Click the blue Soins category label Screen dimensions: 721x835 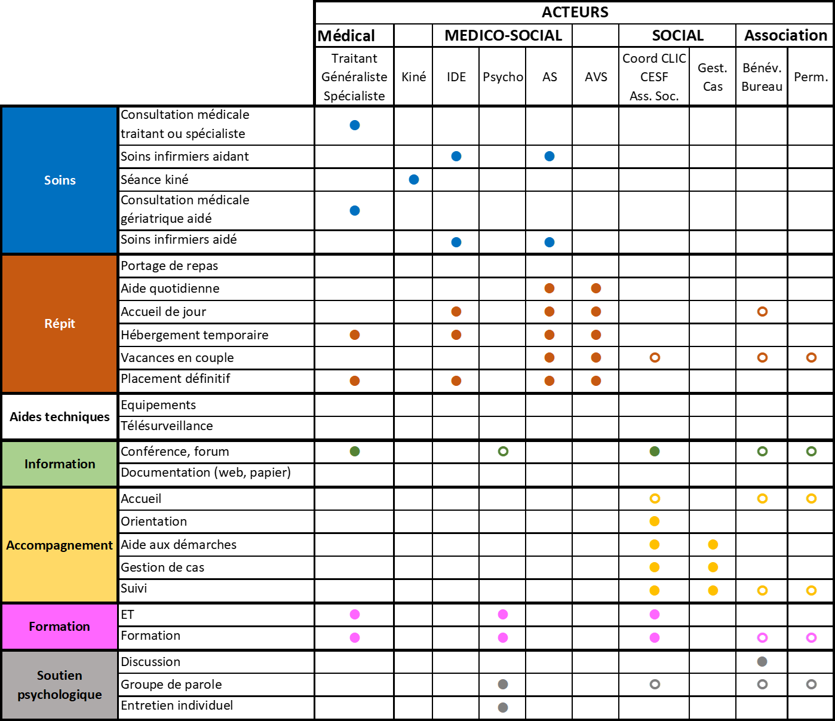pyautogui.click(x=60, y=180)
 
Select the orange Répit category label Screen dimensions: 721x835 pyautogui.click(x=60, y=323)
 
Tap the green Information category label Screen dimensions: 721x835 pyautogui.click(x=60, y=464)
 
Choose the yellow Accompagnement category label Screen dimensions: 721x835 pyautogui.click(x=60, y=545)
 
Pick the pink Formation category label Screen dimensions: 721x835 pyautogui.click(x=60, y=626)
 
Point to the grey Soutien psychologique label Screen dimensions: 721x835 pyautogui.click(x=60, y=685)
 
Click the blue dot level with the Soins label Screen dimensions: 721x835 pyautogui.click(x=414, y=179)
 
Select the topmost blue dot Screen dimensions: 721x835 pyautogui.click(x=355, y=125)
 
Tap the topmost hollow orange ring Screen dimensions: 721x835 pyautogui.click(x=763, y=311)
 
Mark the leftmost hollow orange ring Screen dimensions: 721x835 pyautogui.click(x=655, y=357)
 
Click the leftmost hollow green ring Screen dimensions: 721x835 pyautogui.click(x=504, y=451)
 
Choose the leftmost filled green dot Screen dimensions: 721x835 pyautogui.click(x=355, y=451)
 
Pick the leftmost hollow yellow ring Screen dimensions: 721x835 pyautogui.click(x=655, y=498)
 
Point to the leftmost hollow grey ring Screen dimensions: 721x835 pyautogui.click(x=655, y=684)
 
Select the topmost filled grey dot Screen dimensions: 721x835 pyautogui.click(x=762, y=661)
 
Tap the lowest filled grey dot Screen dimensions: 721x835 pyautogui.click(x=503, y=707)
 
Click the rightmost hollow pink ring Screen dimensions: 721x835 pyautogui.click(x=812, y=637)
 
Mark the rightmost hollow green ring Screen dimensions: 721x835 pyautogui.click(x=812, y=451)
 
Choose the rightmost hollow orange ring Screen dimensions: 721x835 pyautogui.click(x=812, y=357)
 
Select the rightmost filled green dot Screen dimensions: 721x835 pyautogui.click(x=655, y=451)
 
